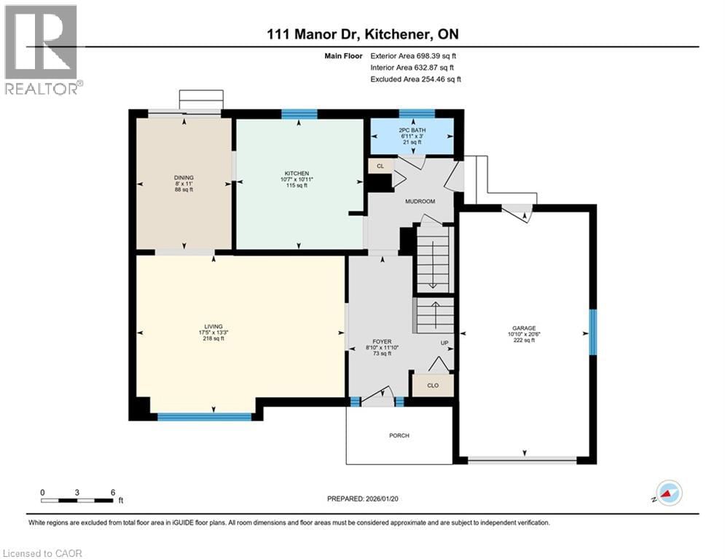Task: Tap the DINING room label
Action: (184, 177)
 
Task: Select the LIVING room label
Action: (213, 327)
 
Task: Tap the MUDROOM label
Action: (420, 201)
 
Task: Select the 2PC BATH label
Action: (412, 130)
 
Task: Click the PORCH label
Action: (399, 435)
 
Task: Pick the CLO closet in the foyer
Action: (432, 385)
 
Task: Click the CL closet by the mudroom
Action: (380, 166)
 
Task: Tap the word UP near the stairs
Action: (443, 343)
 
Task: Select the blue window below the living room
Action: (204, 417)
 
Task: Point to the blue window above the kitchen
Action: (299, 114)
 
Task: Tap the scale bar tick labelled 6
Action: (112, 492)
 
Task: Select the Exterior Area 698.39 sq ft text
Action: (413, 55)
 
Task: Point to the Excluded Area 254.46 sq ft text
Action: (415, 79)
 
